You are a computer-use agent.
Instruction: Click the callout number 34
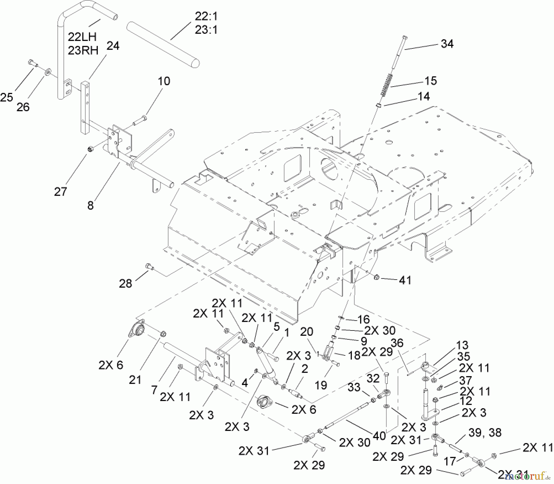(x=447, y=44)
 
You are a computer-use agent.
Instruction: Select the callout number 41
(x=405, y=280)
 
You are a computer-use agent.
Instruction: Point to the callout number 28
(x=126, y=284)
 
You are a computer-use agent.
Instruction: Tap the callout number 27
(x=60, y=191)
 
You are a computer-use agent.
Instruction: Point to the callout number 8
(x=90, y=205)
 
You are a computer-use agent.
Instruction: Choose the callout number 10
(x=164, y=81)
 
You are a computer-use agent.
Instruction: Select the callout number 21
(x=135, y=380)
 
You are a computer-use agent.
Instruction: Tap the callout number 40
(x=379, y=436)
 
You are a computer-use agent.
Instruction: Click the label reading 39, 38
(x=485, y=433)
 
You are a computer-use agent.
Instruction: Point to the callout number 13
(x=462, y=345)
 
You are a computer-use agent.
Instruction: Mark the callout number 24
(x=113, y=46)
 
